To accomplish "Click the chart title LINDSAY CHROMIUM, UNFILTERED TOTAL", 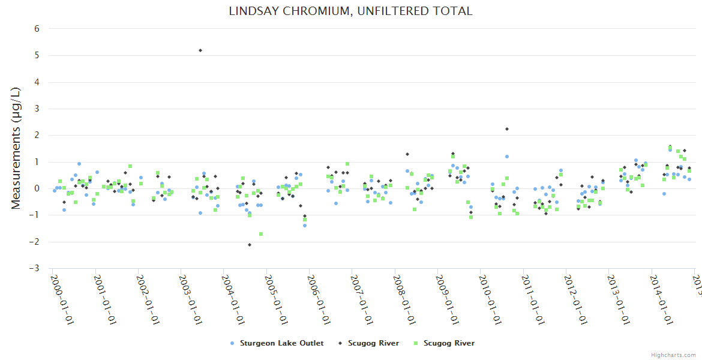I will click(x=350, y=11).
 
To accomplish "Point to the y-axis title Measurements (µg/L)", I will click(x=16, y=148).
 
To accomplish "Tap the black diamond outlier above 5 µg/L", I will click(x=200, y=50).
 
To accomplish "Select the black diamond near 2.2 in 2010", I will click(x=506, y=129).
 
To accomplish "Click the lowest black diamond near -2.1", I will click(x=250, y=245).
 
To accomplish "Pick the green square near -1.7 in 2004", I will click(x=261, y=234).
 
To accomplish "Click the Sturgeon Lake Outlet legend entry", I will click(x=277, y=343).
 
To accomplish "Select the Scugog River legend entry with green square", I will click(x=444, y=343).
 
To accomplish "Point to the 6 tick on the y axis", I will click(x=37, y=29).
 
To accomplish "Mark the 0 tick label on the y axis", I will click(x=37, y=188).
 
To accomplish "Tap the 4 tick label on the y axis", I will click(x=37, y=82).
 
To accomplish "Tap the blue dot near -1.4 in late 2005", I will click(x=305, y=226).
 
